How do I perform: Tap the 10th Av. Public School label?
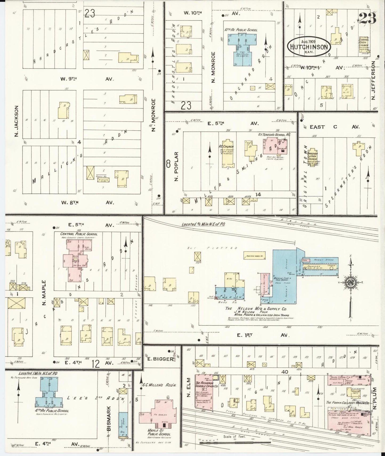[241, 30]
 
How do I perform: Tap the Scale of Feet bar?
[234, 443]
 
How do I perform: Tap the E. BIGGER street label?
[160, 359]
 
